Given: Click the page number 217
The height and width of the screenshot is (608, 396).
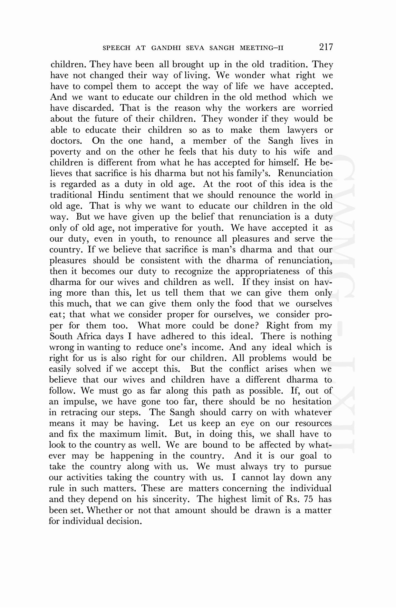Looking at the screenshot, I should (x=326, y=47).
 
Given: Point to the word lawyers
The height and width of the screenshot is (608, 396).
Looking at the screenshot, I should (x=302, y=130).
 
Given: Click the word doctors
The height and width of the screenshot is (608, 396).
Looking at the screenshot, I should (x=66, y=141).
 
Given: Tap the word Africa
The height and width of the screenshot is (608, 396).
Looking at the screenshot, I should (x=89, y=336).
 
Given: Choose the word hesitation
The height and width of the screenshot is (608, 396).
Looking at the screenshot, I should (x=312, y=401).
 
